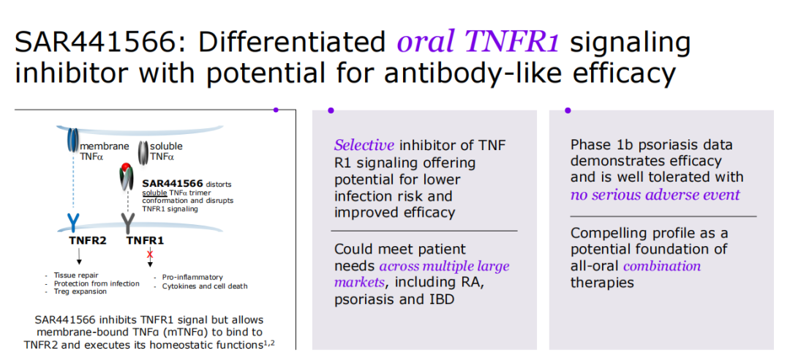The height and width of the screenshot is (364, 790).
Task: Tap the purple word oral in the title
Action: [428, 42]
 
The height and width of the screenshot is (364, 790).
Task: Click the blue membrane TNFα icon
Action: [73, 140]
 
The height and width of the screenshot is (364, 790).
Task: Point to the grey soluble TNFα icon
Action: [143, 153]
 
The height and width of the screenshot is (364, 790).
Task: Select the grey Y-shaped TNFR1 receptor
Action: [128, 221]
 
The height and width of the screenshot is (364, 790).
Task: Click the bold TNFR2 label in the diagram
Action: [88, 240]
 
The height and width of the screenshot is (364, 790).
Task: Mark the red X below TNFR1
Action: [150, 254]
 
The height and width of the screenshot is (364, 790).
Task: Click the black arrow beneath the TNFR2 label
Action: [78, 255]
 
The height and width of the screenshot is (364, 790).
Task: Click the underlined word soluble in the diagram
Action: [153, 193]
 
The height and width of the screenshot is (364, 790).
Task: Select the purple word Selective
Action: [364, 146]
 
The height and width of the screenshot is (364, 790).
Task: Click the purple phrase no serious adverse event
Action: [655, 195]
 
